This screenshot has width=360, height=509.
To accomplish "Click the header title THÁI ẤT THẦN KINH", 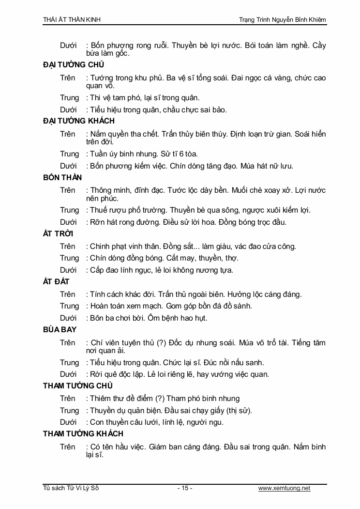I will pos(72,19).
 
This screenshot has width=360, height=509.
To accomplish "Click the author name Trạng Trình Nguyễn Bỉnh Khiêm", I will pos(283,19).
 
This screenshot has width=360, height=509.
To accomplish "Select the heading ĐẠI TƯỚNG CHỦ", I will pos(74,65).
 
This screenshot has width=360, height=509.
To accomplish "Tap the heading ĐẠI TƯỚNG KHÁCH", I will pos(79,121).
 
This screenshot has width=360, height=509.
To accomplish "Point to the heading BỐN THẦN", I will pos(62,177).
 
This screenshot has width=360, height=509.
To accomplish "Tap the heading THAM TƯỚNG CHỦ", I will pos(77,386).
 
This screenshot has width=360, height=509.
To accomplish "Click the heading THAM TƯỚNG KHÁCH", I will pos(83,434).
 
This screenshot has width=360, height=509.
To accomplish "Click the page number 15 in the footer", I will pos(185,488).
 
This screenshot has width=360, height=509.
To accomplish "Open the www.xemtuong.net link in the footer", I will pos(284,488).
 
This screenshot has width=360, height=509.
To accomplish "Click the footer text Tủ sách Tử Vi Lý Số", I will pos(71,488).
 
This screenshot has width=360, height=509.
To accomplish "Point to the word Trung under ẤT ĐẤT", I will pos(69,306).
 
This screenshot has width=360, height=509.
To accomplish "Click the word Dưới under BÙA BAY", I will pos(68,374).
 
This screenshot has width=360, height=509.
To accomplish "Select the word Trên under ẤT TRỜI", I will pos(68,246).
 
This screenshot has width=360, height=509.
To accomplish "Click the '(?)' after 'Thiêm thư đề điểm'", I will pos(160,399).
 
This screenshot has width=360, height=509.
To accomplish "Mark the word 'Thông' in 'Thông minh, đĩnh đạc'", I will pos(101,190).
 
